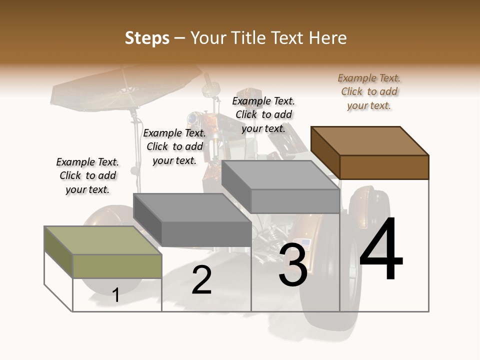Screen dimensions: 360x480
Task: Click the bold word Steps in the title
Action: (147, 38)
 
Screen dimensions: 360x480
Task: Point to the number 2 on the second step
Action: (201, 280)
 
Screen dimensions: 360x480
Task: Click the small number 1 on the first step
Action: (116, 295)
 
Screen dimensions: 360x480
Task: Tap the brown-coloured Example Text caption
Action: (369, 92)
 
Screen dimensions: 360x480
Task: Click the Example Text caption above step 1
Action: (87, 175)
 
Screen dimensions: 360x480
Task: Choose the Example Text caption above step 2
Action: (174, 146)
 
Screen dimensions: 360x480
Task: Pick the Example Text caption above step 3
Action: (263, 114)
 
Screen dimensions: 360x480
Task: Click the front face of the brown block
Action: (384, 167)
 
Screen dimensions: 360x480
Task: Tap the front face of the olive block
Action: (117, 266)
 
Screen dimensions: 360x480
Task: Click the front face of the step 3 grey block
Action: (295, 201)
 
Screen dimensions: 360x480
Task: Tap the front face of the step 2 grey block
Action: (206, 234)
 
